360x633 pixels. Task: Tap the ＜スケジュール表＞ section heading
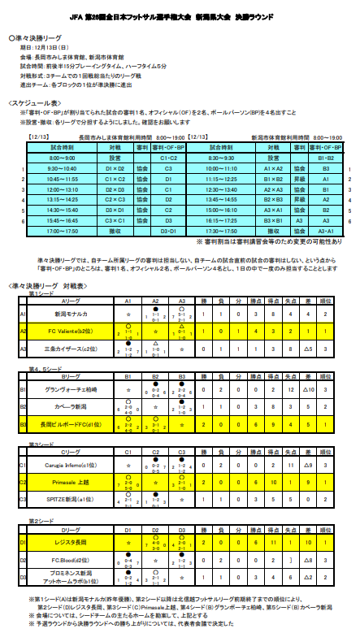pos(36,104)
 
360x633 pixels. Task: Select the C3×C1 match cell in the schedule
pos(115,219)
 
